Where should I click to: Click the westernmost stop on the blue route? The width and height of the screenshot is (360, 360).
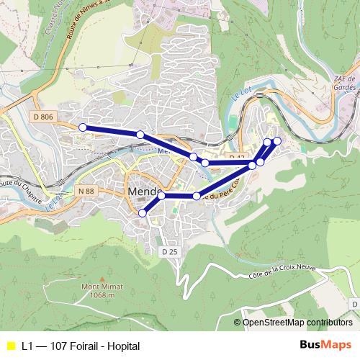(x=82, y=127)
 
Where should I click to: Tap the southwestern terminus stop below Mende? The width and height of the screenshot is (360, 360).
(x=143, y=213)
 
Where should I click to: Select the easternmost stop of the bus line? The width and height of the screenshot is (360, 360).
(x=277, y=140)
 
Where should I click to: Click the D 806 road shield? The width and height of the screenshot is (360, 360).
(x=43, y=115)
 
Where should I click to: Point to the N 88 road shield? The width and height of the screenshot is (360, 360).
(x=84, y=191)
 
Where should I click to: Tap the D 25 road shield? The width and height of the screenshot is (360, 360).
(x=170, y=251)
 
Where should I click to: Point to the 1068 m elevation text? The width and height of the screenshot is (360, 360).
(x=99, y=295)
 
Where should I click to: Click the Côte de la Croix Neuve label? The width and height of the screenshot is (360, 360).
(x=282, y=271)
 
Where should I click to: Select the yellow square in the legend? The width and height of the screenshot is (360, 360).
(x=10, y=346)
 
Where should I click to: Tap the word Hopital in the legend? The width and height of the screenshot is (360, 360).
(x=123, y=346)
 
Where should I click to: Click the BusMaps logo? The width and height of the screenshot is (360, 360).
(x=325, y=346)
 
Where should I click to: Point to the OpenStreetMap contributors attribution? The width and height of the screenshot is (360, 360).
(x=297, y=323)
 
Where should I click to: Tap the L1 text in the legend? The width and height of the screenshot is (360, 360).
(x=27, y=346)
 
